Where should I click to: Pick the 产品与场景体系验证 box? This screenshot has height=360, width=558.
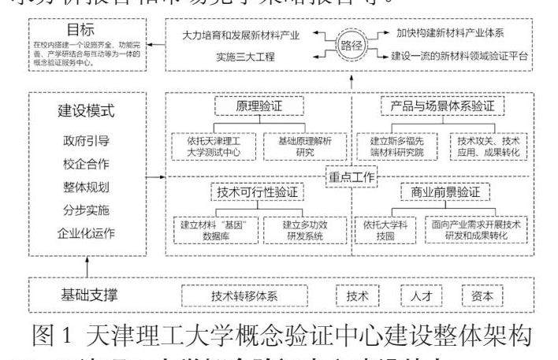443,106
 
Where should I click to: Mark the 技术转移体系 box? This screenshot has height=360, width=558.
244,297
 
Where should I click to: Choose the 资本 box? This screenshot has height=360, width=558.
482,297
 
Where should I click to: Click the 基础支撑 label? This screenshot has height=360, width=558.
90,295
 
